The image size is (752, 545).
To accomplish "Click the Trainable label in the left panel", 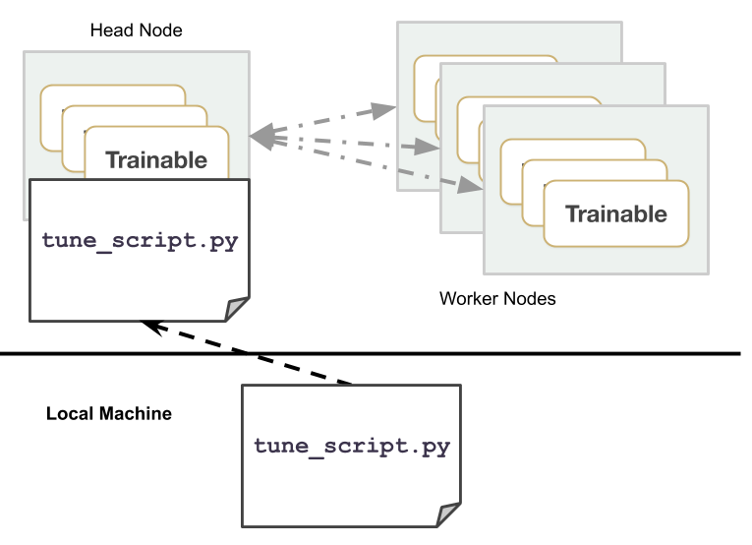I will (156, 160).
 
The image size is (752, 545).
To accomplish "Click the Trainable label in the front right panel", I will (616, 214).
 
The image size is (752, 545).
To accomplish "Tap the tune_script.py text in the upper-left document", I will (140, 240).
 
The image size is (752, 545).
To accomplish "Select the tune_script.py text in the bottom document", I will (352, 446).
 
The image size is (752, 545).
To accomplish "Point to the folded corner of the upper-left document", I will (237, 309).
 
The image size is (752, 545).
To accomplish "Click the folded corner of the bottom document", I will (448, 515).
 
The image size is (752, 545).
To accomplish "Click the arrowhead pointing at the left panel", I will (260, 137).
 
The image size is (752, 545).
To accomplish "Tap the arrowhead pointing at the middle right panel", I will (427, 147).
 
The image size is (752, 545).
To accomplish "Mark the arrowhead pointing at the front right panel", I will (471, 185).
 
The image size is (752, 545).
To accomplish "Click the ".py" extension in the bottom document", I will (430, 446).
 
